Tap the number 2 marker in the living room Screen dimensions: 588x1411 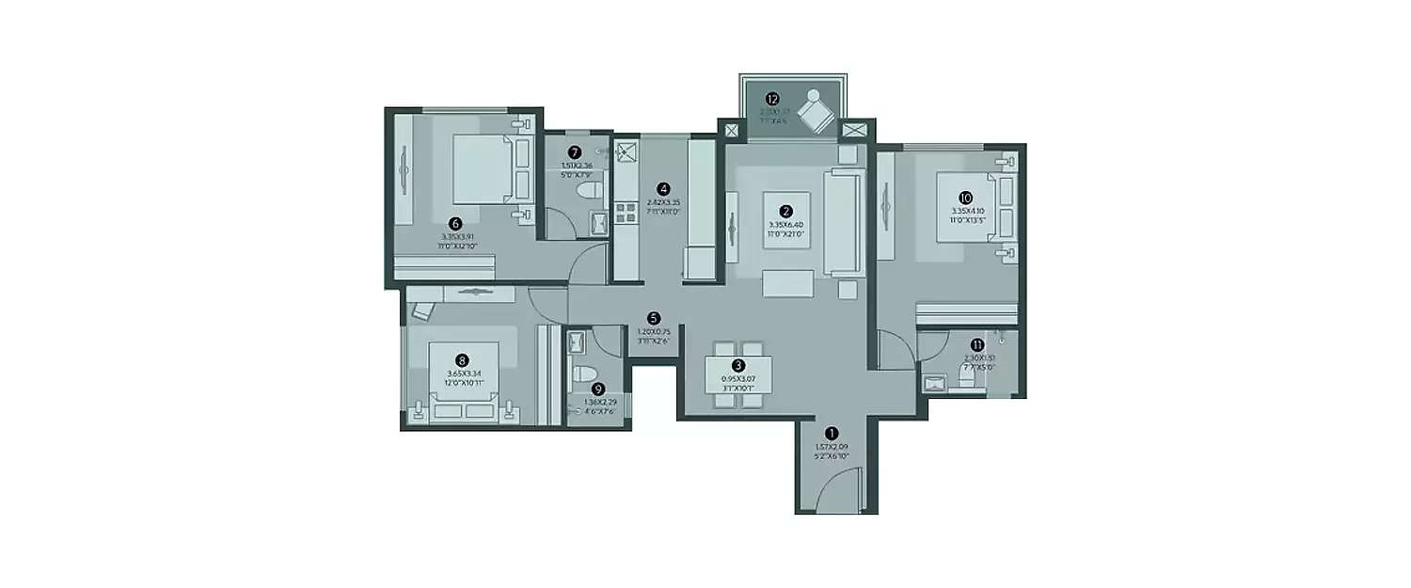click(x=785, y=212)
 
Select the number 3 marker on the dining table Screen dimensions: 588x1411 click(x=738, y=366)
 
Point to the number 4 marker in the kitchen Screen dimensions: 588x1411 click(x=663, y=188)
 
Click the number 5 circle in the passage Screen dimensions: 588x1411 click(x=654, y=319)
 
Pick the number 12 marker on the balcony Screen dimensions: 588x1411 click(x=772, y=98)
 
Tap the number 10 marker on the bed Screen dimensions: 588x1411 click(x=965, y=198)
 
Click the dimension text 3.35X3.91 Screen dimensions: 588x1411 click(x=457, y=237)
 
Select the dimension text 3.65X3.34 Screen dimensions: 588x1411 click(x=462, y=373)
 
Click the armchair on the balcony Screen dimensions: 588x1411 click(x=815, y=113)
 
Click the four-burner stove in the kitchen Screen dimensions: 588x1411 click(x=626, y=213)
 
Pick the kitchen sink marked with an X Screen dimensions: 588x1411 click(x=626, y=151)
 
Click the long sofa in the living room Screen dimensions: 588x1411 click(x=843, y=223)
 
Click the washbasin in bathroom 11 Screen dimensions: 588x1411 click(x=936, y=382)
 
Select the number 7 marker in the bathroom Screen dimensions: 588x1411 click(x=575, y=152)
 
